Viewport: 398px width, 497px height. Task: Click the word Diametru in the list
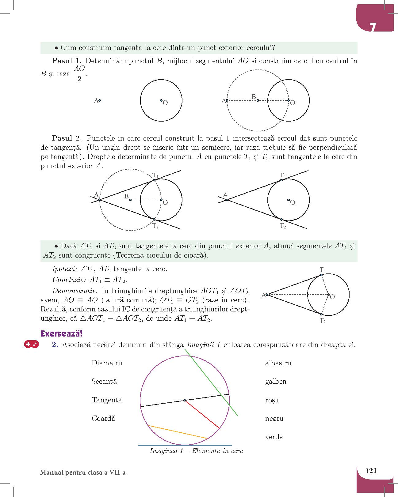107,363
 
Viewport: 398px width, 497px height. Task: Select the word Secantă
104,382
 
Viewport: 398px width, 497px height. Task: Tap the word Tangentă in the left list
107,400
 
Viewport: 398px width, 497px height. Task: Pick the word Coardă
103,419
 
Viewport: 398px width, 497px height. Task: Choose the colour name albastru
278,363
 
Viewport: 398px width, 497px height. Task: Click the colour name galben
276,382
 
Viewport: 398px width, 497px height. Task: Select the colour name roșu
272,400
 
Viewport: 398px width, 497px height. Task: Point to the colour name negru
274,419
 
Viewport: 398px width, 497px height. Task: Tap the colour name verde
274,437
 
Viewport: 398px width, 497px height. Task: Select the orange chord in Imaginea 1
177,432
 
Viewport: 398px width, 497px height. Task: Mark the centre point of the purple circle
185,400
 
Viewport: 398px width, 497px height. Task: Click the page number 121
371,471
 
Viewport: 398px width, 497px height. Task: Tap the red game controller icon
31,344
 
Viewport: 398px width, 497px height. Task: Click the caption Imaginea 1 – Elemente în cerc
196,451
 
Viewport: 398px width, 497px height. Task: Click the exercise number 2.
55,345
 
